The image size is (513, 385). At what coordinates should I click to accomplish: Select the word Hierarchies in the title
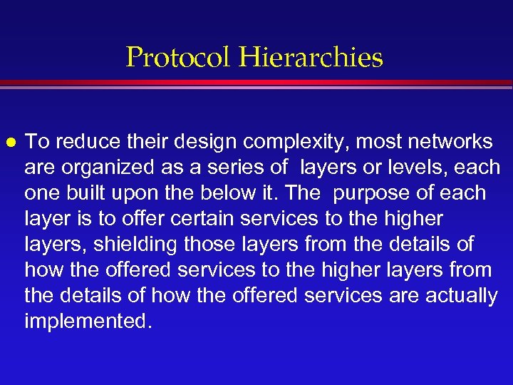coord(312,57)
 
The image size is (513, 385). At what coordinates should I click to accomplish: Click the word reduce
coord(83,142)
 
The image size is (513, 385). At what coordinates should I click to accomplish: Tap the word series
coord(232,168)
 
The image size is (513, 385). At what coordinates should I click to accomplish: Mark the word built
coord(85,193)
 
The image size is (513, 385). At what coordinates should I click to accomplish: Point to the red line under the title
coord(256,83)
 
